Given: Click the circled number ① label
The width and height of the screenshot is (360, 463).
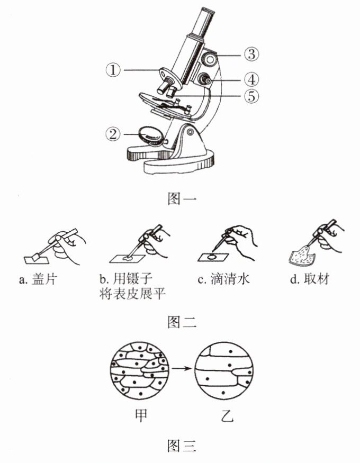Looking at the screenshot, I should click(x=114, y=70).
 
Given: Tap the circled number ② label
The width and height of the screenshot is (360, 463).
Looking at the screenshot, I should click(x=114, y=133).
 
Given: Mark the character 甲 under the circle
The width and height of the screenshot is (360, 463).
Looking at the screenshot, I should click(x=140, y=416).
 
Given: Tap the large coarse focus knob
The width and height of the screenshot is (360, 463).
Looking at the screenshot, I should click(x=211, y=58).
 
